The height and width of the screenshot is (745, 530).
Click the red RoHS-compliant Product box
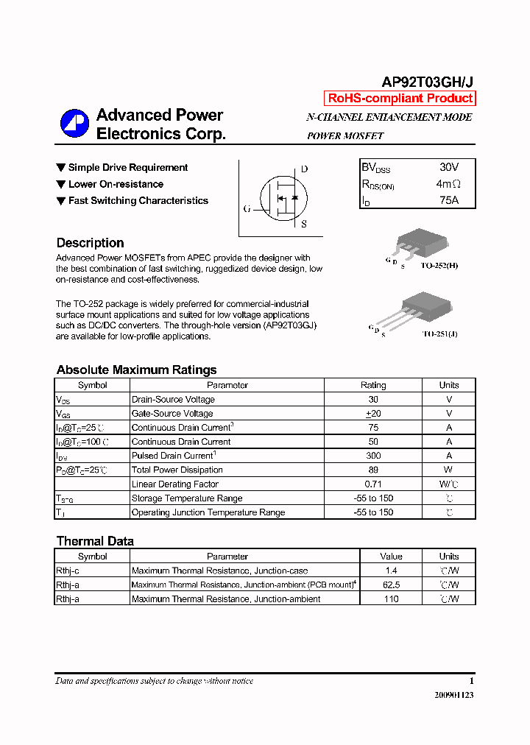(400, 99)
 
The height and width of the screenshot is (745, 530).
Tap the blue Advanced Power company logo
(73, 124)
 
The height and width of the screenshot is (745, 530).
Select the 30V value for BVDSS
(448, 168)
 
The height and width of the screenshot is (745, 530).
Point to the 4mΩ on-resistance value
(448, 184)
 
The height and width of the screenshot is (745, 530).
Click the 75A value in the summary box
(448, 200)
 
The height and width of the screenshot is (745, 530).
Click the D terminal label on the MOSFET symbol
(304, 169)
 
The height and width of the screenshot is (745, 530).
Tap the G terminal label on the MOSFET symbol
(247, 209)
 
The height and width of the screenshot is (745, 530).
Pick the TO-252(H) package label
(439, 266)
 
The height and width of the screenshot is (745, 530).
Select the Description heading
(90, 243)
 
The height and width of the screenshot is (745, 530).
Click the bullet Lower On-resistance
(116, 184)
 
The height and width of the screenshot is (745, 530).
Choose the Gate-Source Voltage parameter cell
(172, 414)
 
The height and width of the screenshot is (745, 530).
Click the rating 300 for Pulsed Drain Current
(373, 456)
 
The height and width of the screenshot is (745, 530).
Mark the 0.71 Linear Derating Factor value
(373, 484)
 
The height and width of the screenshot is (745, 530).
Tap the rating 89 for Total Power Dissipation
(373, 470)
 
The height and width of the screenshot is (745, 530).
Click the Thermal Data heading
(95, 541)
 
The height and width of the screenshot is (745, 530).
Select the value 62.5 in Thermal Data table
(391, 585)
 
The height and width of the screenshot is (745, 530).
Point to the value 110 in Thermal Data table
(391, 599)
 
